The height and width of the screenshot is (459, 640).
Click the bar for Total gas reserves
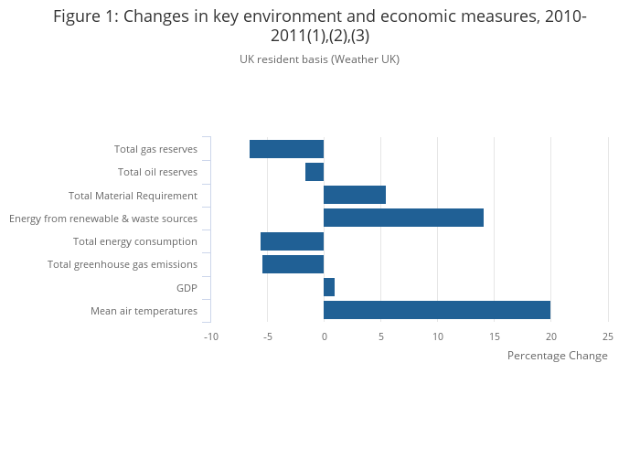(286, 149)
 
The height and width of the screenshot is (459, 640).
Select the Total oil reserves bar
(315, 172)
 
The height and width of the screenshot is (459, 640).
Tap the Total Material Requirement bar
(355, 195)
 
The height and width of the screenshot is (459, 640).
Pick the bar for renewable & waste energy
(403, 218)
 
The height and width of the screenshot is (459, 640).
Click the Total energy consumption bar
(292, 241)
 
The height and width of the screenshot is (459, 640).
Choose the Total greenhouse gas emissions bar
(293, 264)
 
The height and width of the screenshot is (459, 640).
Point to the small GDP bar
(329, 287)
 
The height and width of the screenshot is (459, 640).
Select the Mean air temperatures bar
(437, 310)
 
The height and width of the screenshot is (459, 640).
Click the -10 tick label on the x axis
(210, 336)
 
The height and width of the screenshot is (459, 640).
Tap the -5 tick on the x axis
(268, 336)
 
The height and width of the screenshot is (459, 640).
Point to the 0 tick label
(324, 336)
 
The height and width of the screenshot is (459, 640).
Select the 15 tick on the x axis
(495, 336)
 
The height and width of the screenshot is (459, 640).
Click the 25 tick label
(608, 336)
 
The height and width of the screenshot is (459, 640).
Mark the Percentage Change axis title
(557, 356)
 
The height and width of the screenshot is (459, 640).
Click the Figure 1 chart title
(320, 26)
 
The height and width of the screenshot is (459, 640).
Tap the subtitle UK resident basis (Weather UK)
(320, 59)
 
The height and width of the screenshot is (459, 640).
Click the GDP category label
(187, 288)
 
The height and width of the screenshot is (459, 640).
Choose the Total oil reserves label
(157, 172)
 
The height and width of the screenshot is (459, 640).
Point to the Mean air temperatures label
(144, 311)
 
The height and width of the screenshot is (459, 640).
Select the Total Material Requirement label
(133, 196)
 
